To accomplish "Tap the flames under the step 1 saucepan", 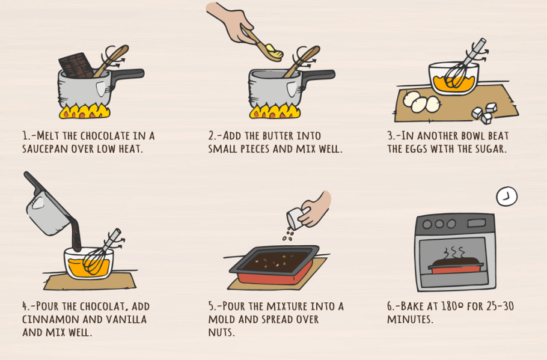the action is coord(84,111).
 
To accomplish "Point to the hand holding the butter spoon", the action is coord(231,22).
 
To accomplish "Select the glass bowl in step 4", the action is coord(88,263).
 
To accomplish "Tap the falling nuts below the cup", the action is coord(287,235).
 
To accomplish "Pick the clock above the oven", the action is coord(507,197).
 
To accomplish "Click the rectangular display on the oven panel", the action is coord(477,223).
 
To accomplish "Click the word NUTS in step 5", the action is coord(221,332).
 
